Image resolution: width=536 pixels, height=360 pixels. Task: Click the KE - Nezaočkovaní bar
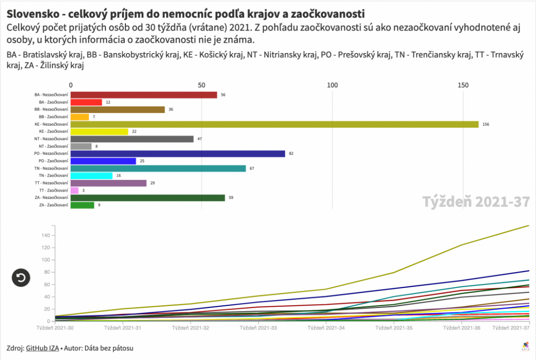(274, 124)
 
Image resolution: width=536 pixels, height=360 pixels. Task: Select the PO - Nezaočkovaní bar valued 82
(178, 153)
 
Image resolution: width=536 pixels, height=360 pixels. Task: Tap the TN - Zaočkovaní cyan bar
(91, 176)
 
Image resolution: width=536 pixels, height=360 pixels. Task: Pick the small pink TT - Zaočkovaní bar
(75, 190)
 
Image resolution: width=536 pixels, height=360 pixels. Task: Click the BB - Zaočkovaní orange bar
(80, 117)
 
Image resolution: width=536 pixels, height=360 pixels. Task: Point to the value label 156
(486, 124)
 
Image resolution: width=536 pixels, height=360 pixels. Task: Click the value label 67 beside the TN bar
(252, 168)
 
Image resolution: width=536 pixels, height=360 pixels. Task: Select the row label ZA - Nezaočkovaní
(51, 198)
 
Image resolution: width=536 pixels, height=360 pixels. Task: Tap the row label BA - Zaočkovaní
(53, 102)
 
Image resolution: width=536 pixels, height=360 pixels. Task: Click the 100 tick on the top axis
(332, 85)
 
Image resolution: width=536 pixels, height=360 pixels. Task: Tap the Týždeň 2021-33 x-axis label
(259, 328)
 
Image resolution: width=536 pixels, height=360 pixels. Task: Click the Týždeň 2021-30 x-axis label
(55, 328)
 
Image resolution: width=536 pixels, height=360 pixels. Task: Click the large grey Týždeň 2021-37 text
(476, 202)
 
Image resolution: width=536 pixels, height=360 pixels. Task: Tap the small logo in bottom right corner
(524, 346)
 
